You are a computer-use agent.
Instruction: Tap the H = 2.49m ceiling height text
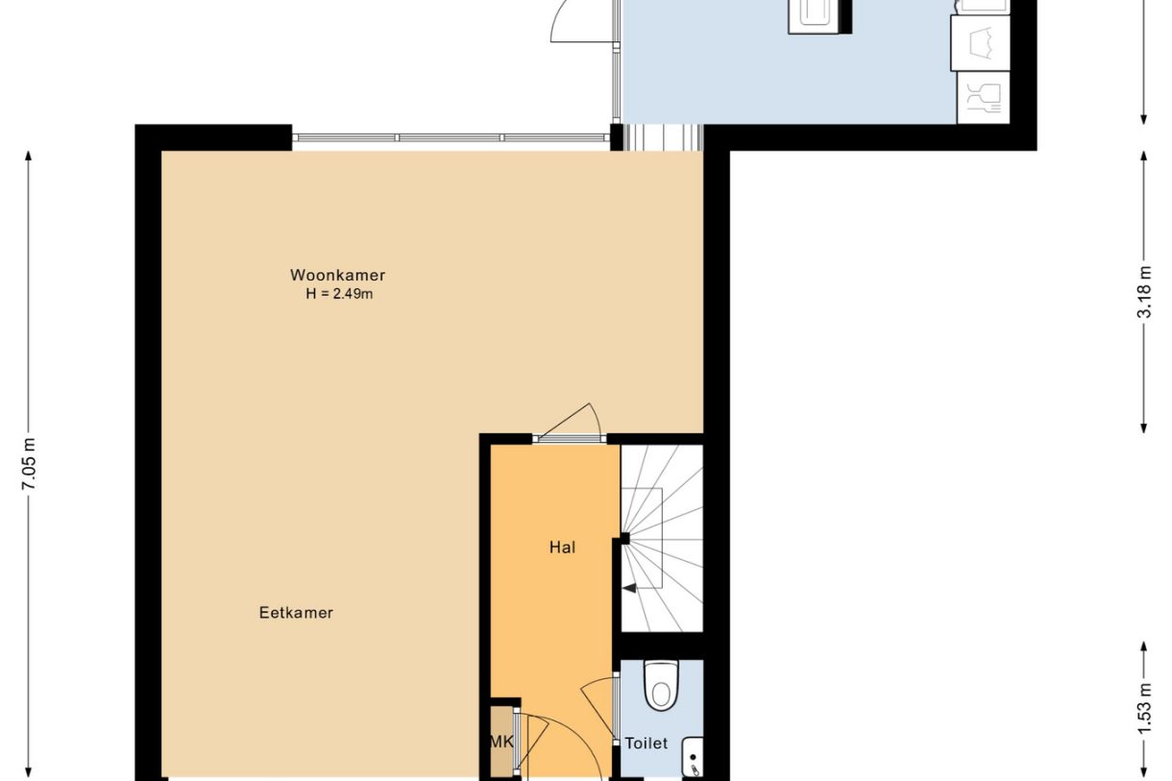pyautogui.click(x=338, y=294)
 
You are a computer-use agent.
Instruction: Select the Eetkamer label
pyautogui.click(x=296, y=612)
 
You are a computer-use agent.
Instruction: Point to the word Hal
pyautogui.click(x=562, y=548)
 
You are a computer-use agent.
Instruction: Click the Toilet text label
pyautogui.click(x=646, y=744)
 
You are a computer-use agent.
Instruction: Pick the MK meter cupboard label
pyautogui.click(x=501, y=742)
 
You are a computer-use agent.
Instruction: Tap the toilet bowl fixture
pyautogui.click(x=661, y=685)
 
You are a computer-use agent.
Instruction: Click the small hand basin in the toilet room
pyautogui.click(x=693, y=757)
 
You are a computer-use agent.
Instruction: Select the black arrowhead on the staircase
pyautogui.click(x=629, y=588)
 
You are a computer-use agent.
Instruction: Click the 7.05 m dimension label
pyautogui.click(x=29, y=465)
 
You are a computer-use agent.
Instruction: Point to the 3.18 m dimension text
pyautogui.click(x=1143, y=292)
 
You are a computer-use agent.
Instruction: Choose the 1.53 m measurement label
pyautogui.click(x=1143, y=708)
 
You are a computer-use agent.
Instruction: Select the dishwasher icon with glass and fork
pyautogui.click(x=983, y=98)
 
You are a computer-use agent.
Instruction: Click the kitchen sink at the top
pyautogui.click(x=819, y=15)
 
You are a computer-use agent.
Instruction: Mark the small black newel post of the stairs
pyautogui.click(x=624, y=539)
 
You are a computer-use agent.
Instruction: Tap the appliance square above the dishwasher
pyautogui.click(x=980, y=43)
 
